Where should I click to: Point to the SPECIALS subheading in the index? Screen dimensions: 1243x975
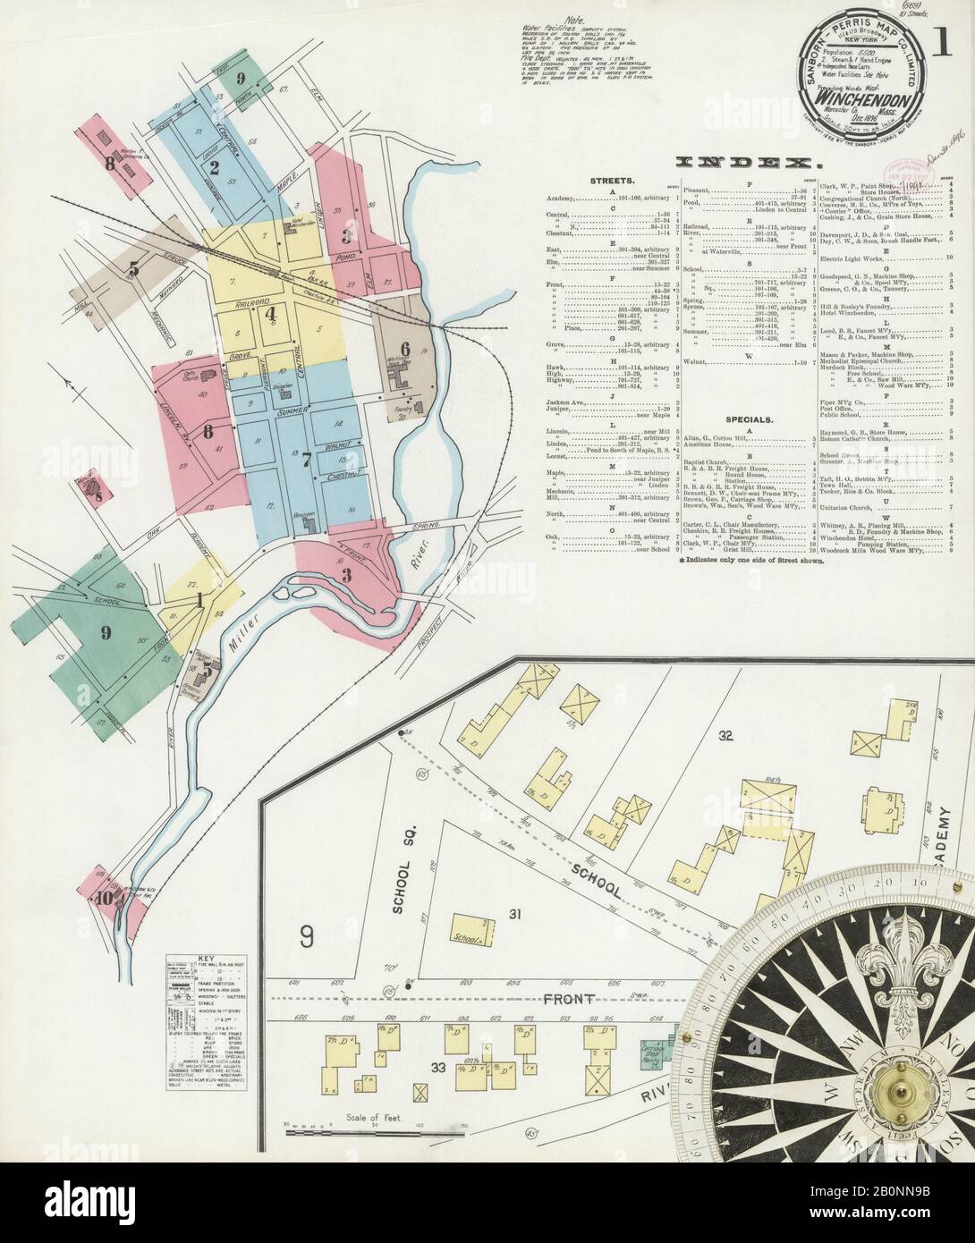[750, 419]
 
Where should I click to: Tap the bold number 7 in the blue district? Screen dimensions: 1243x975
[306, 460]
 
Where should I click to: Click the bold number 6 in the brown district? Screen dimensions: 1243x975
[404, 349]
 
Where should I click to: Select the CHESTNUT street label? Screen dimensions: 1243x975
[338, 476]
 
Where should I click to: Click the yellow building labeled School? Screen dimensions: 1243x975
[471, 930]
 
